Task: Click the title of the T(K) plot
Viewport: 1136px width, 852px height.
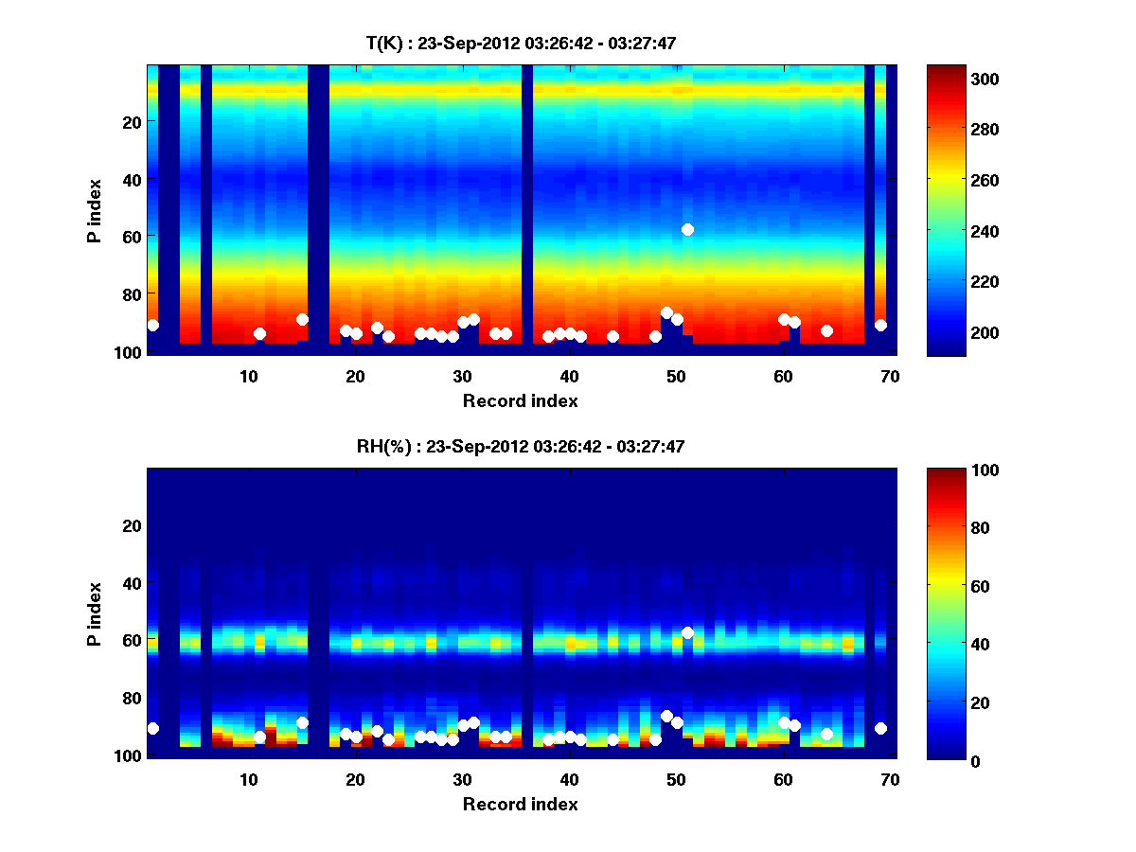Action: (x=520, y=43)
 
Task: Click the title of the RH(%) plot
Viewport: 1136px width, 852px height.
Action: (x=520, y=447)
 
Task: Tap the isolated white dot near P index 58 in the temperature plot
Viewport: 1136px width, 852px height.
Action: (x=687, y=229)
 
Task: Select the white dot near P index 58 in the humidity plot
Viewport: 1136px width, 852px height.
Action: (x=687, y=632)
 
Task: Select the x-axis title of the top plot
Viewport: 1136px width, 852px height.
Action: (x=520, y=400)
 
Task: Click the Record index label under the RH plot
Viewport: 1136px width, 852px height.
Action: (x=520, y=804)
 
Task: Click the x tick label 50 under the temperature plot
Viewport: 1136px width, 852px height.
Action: (x=676, y=376)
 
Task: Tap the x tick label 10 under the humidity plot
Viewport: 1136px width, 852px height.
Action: (x=248, y=779)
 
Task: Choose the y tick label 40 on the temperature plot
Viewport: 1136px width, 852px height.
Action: (x=131, y=179)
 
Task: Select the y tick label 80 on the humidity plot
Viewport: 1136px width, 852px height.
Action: (x=131, y=698)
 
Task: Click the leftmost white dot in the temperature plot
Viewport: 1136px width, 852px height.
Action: (x=152, y=325)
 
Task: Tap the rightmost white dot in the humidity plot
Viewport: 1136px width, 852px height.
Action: (x=880, y=728)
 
